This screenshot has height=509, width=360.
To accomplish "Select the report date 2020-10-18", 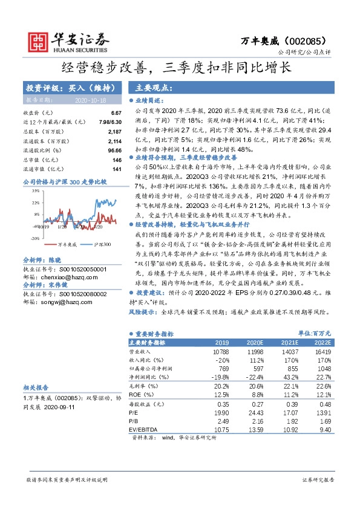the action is [90, 101].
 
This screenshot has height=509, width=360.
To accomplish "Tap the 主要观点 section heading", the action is [155, 87].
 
